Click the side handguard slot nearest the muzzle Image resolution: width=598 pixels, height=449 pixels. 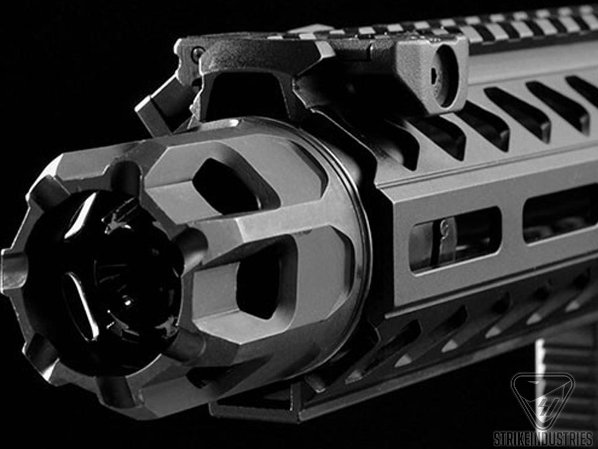[x=455, y=240]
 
